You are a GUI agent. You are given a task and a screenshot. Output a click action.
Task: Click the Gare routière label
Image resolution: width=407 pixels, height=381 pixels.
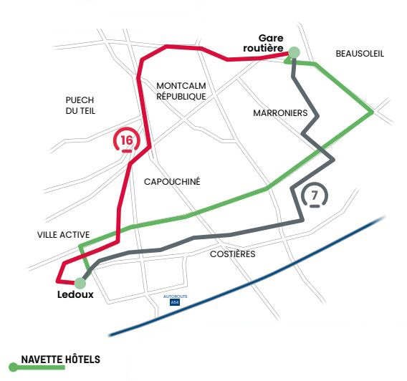coord(263,43)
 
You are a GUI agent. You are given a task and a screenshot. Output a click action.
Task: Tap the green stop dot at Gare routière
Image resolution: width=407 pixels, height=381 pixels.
coord(294,52)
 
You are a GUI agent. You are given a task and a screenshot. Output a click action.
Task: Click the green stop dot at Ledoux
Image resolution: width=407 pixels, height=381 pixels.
coord(80,283)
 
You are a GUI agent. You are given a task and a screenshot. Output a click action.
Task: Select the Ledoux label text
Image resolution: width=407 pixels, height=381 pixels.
coord(75,294)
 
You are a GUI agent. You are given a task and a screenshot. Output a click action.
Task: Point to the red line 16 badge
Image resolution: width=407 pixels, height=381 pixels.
coord(127,140)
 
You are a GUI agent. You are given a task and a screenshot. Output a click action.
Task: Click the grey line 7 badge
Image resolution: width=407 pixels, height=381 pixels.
coord(315,196)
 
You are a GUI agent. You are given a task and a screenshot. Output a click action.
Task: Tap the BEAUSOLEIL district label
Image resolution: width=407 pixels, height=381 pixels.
coord(360,54)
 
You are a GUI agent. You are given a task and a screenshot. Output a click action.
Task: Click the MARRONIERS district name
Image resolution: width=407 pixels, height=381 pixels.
coord(280,113)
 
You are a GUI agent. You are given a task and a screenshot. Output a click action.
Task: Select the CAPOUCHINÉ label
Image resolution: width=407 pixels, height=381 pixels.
coord(172,181)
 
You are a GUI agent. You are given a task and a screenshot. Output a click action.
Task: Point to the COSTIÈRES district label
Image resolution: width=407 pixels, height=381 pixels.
coord(233,254)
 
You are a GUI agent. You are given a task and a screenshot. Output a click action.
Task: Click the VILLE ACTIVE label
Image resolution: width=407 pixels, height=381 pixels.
coord(63,235)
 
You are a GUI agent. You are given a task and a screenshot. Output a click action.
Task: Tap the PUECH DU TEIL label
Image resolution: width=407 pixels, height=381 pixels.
coord(80,105)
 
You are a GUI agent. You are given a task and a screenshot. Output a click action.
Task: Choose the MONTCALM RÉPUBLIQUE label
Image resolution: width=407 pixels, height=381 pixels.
coord(181,91)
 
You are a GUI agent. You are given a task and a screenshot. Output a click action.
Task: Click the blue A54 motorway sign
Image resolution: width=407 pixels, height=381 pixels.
coord(175,302)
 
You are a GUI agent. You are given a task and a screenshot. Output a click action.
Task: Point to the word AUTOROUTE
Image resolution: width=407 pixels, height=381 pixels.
coord(176,296)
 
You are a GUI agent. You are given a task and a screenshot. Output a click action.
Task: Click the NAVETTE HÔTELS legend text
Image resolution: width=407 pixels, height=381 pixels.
coord(61,360)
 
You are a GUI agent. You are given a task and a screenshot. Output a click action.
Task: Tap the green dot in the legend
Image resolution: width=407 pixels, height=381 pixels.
coord(13,367)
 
